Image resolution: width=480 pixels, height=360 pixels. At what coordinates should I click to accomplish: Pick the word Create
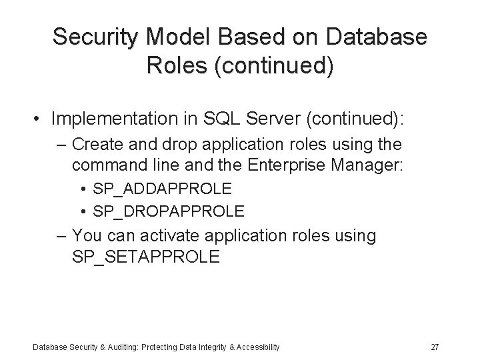(x=95, y=145)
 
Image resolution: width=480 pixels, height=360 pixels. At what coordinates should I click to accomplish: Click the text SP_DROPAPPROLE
(x=169, y=211)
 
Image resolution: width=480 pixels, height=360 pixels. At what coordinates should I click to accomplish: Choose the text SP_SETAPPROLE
(x=145, y=257)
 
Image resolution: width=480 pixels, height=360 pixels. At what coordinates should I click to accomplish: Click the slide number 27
(x=435, y=347)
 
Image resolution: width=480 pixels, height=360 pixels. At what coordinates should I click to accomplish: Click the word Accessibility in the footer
(x=257, y=347)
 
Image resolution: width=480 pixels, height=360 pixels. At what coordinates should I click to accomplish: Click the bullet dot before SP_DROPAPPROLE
(x=85, y=212)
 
